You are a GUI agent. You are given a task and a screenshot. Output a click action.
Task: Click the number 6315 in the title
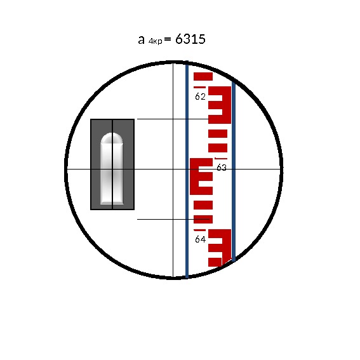click(190, 39)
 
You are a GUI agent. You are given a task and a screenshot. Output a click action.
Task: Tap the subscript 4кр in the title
click(155, 41)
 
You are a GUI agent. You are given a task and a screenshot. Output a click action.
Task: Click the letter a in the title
click(141, 40)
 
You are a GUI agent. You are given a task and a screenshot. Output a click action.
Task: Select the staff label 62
click(200, 97)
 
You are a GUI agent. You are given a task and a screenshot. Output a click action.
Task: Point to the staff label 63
click(222, 168)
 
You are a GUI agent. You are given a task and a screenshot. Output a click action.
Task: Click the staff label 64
click(200, 239)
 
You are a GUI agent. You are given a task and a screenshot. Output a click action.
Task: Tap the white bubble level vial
click(112, 168)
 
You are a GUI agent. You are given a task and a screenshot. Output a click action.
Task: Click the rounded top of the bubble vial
click(112, 138)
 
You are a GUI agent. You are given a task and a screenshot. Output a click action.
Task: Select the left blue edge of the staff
click(187, 170)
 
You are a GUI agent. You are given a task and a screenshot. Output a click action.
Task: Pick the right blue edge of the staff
click(234, 171)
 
